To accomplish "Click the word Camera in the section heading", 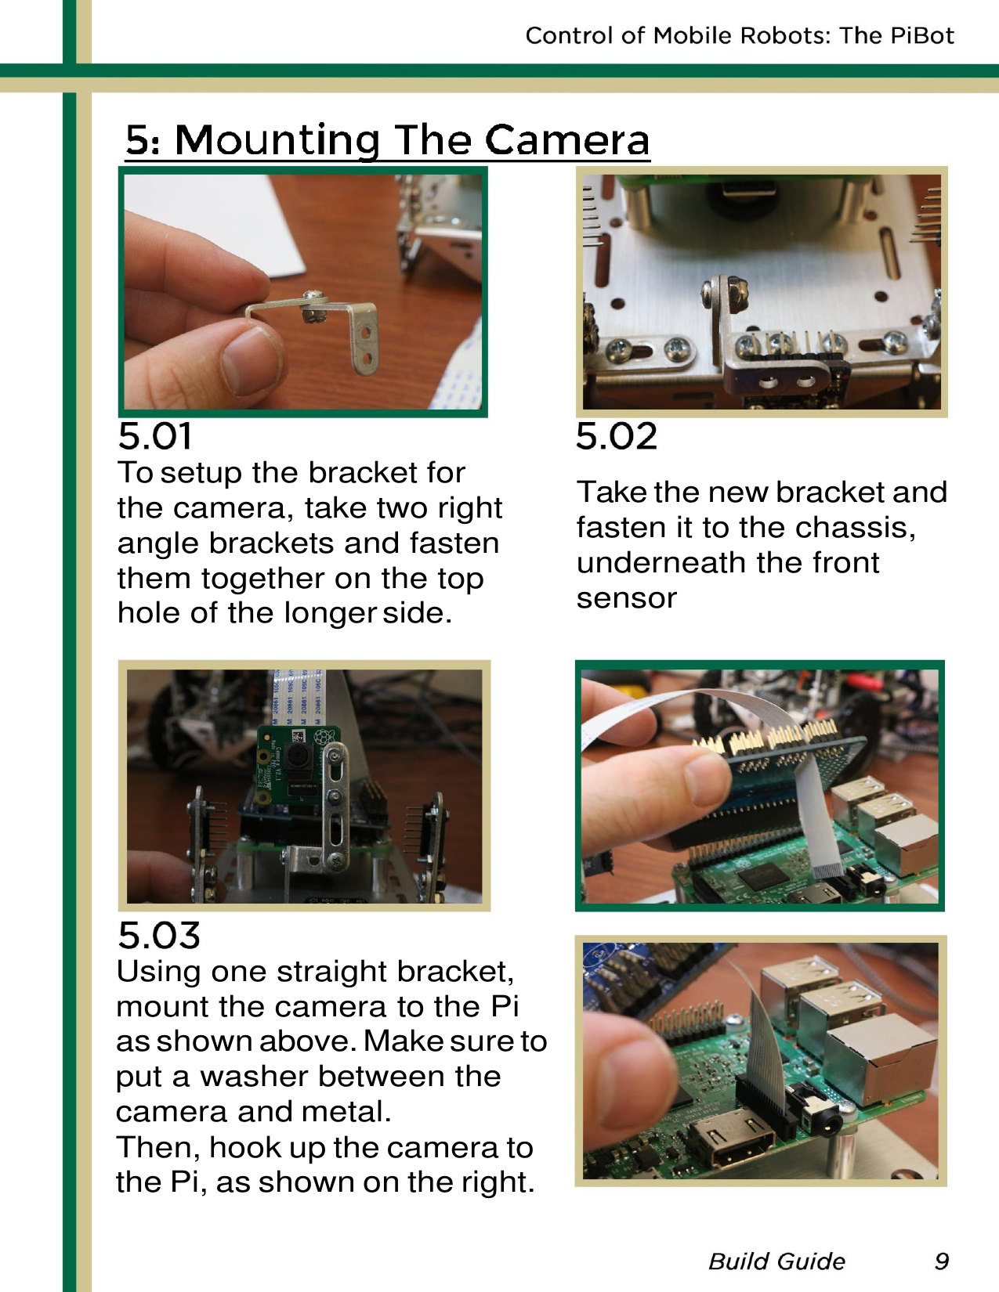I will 566,140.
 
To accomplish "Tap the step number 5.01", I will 155,436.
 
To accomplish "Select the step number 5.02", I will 616,436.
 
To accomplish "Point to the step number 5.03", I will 159,935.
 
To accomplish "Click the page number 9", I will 941,1261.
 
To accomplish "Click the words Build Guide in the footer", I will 776,1261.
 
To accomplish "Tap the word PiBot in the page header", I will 921,35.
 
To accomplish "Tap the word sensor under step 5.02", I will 626,598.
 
